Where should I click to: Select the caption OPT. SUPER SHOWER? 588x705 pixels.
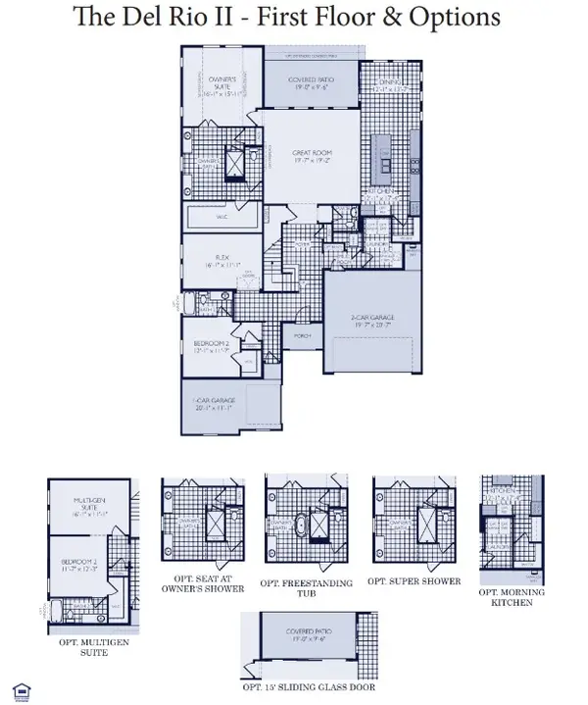[414, 580]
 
